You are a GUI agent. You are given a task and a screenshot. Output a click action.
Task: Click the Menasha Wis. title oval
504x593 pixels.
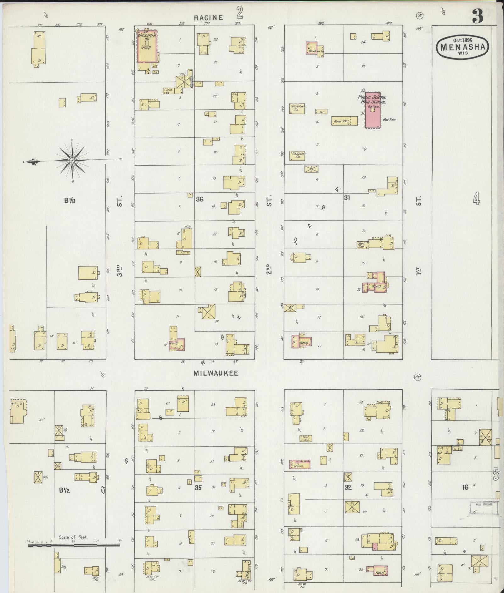(x=462, y=47)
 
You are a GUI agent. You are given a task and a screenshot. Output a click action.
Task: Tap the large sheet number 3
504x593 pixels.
(x=477, y=16)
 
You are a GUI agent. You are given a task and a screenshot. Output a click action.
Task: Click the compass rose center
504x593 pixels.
(x=72, y=161)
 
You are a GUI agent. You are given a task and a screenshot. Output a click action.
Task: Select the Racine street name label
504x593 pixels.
(x=208, y=18)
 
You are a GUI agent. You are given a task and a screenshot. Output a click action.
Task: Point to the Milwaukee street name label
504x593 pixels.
(x=216, y=373)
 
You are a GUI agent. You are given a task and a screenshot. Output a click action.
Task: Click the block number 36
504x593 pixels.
(x=199, y=199)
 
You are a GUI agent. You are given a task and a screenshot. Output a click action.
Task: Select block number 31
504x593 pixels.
(x=347, y=198)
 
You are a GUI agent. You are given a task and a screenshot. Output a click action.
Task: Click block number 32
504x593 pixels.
(x=348, y=487)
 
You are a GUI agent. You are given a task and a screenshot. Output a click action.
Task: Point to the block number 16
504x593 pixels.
(x=465, y=487)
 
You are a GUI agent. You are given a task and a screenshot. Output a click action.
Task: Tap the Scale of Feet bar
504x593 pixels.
(x=74, y=545)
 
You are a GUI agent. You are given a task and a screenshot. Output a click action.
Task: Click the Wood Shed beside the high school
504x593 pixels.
(x=344, y=121)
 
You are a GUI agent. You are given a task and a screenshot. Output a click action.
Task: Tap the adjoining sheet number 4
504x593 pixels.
(x=476, y=199)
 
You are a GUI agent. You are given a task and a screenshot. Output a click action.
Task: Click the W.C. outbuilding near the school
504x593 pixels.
(x=321, y=112)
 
